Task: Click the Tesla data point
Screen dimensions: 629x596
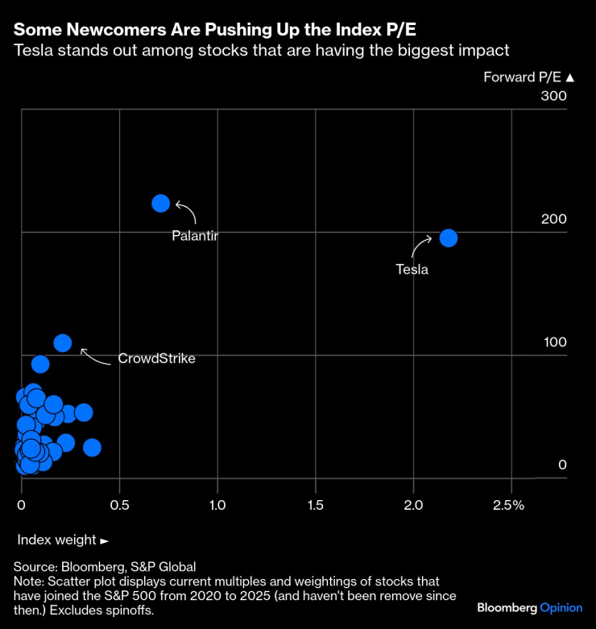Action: [x=449, y=238]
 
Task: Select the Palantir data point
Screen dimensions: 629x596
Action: [x=161, y=203]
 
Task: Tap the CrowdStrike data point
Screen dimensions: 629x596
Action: [x=63, y=343]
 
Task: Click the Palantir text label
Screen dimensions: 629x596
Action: [x=195, y=236]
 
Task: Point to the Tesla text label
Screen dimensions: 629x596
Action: [x=412, y=270]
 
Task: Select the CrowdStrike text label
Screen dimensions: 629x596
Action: [x=156, y=358]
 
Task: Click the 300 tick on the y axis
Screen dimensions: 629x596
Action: [x=553, y=97]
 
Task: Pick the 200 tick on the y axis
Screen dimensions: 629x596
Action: [x=553, y=219]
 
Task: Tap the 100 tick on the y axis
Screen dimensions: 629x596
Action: [x=553, y=342]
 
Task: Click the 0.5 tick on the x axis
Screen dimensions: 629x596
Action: [x=119, y=504]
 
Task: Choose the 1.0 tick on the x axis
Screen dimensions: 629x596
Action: [x=217, y=504]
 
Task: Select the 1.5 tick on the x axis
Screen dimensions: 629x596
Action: [x=315, y=504]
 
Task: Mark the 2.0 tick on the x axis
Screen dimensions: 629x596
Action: [x=413, y=504]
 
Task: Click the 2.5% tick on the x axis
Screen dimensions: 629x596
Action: [x=508, y=504]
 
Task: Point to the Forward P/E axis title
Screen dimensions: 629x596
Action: [x=528, y=77]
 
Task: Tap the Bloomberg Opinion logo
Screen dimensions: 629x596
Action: [x=528, y=607]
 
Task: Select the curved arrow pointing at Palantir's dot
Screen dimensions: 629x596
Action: [x=186, y=212]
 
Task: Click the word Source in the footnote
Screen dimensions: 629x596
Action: [x=35, y=567]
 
